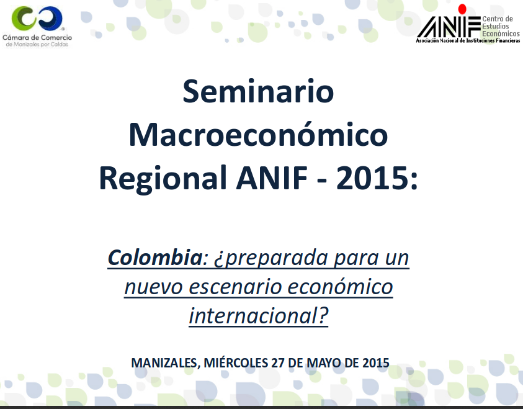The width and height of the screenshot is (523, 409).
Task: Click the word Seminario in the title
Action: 258,91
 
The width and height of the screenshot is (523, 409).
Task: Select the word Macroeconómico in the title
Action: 258,135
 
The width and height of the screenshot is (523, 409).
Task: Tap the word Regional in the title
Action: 163,179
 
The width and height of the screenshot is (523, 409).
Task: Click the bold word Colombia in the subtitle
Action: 155,258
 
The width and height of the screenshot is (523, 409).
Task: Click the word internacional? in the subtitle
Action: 259,315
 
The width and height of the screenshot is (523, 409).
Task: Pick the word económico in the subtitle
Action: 340,287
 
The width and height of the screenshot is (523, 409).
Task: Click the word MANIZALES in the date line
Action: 166,363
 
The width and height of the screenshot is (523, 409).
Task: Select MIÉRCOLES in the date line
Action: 236,362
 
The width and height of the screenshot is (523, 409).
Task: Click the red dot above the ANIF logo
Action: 462,9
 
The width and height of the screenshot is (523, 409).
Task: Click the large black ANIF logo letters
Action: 449,27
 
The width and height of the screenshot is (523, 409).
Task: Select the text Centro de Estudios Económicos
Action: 501,26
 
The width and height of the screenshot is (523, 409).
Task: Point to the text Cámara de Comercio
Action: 37,37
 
